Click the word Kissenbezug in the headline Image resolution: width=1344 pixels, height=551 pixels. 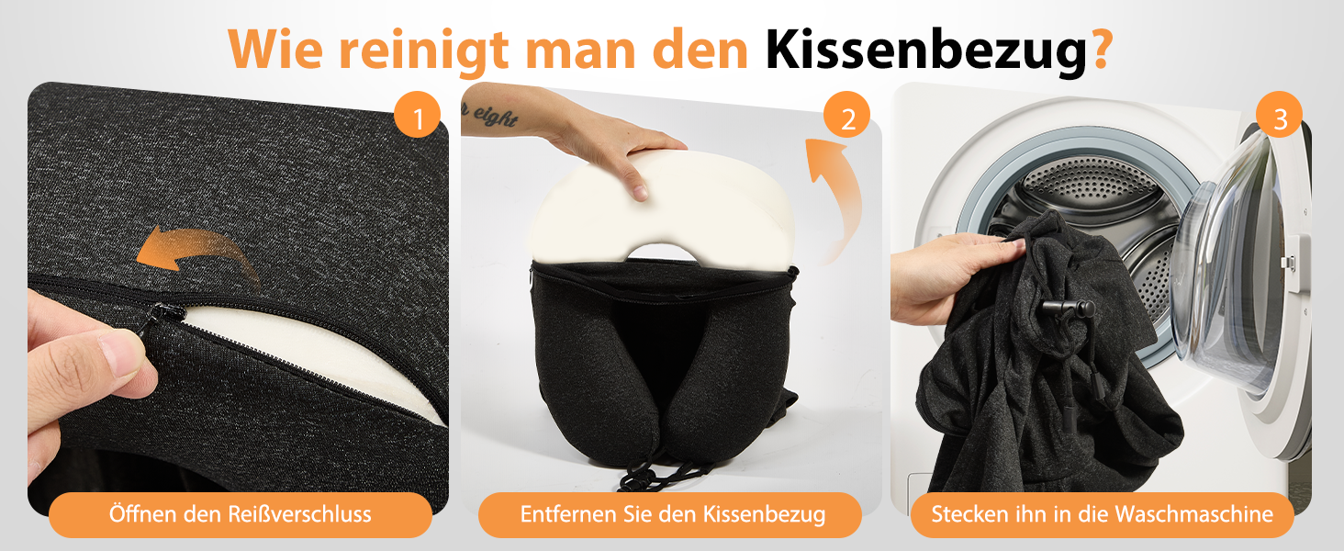tap(926, 50)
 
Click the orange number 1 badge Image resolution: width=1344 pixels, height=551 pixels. tap(418, 115)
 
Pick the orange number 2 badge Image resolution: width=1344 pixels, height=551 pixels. tap(846, 115)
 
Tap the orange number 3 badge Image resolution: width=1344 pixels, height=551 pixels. tap(1279, 115)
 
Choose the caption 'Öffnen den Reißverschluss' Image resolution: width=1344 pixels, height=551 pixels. tap(240, 514)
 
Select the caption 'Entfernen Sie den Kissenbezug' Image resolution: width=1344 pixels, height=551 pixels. tap(673, 514)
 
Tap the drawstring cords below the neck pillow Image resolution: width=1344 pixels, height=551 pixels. tap(660, 471)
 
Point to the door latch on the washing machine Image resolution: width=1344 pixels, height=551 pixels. tap(1290, 261)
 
